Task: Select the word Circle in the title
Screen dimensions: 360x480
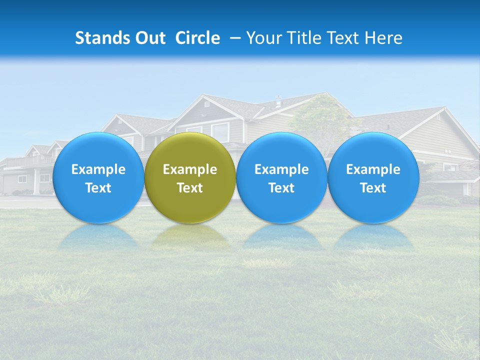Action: (x=197, y=38)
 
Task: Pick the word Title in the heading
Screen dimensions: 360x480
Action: (x=305, y=38)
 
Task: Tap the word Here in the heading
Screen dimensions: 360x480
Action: (x=383, y=38)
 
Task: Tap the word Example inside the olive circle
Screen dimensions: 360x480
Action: (x=190, y=169)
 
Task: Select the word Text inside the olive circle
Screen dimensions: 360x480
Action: (x=190, y=188)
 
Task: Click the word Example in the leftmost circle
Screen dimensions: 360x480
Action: (x=98, y=169)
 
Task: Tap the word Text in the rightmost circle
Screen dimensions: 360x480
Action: (x=373, y=188)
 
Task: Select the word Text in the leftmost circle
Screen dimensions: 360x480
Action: (x=98, y=188)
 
